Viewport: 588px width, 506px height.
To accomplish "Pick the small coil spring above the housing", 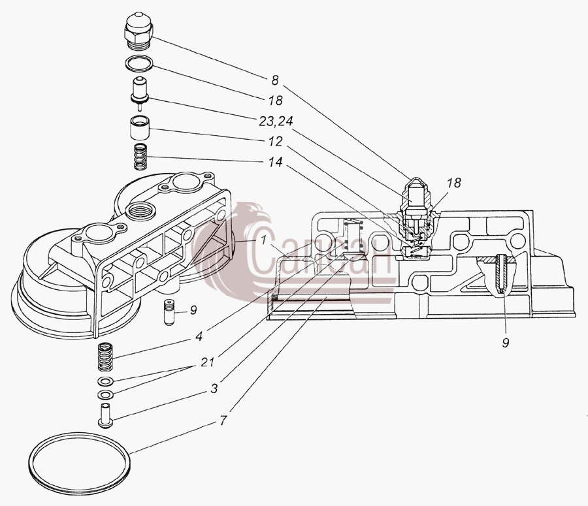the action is [x=140, y=157].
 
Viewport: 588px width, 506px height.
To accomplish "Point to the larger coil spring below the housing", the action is [x=105, y=356].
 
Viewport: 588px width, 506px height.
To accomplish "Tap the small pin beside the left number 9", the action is [x=169, y=312].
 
